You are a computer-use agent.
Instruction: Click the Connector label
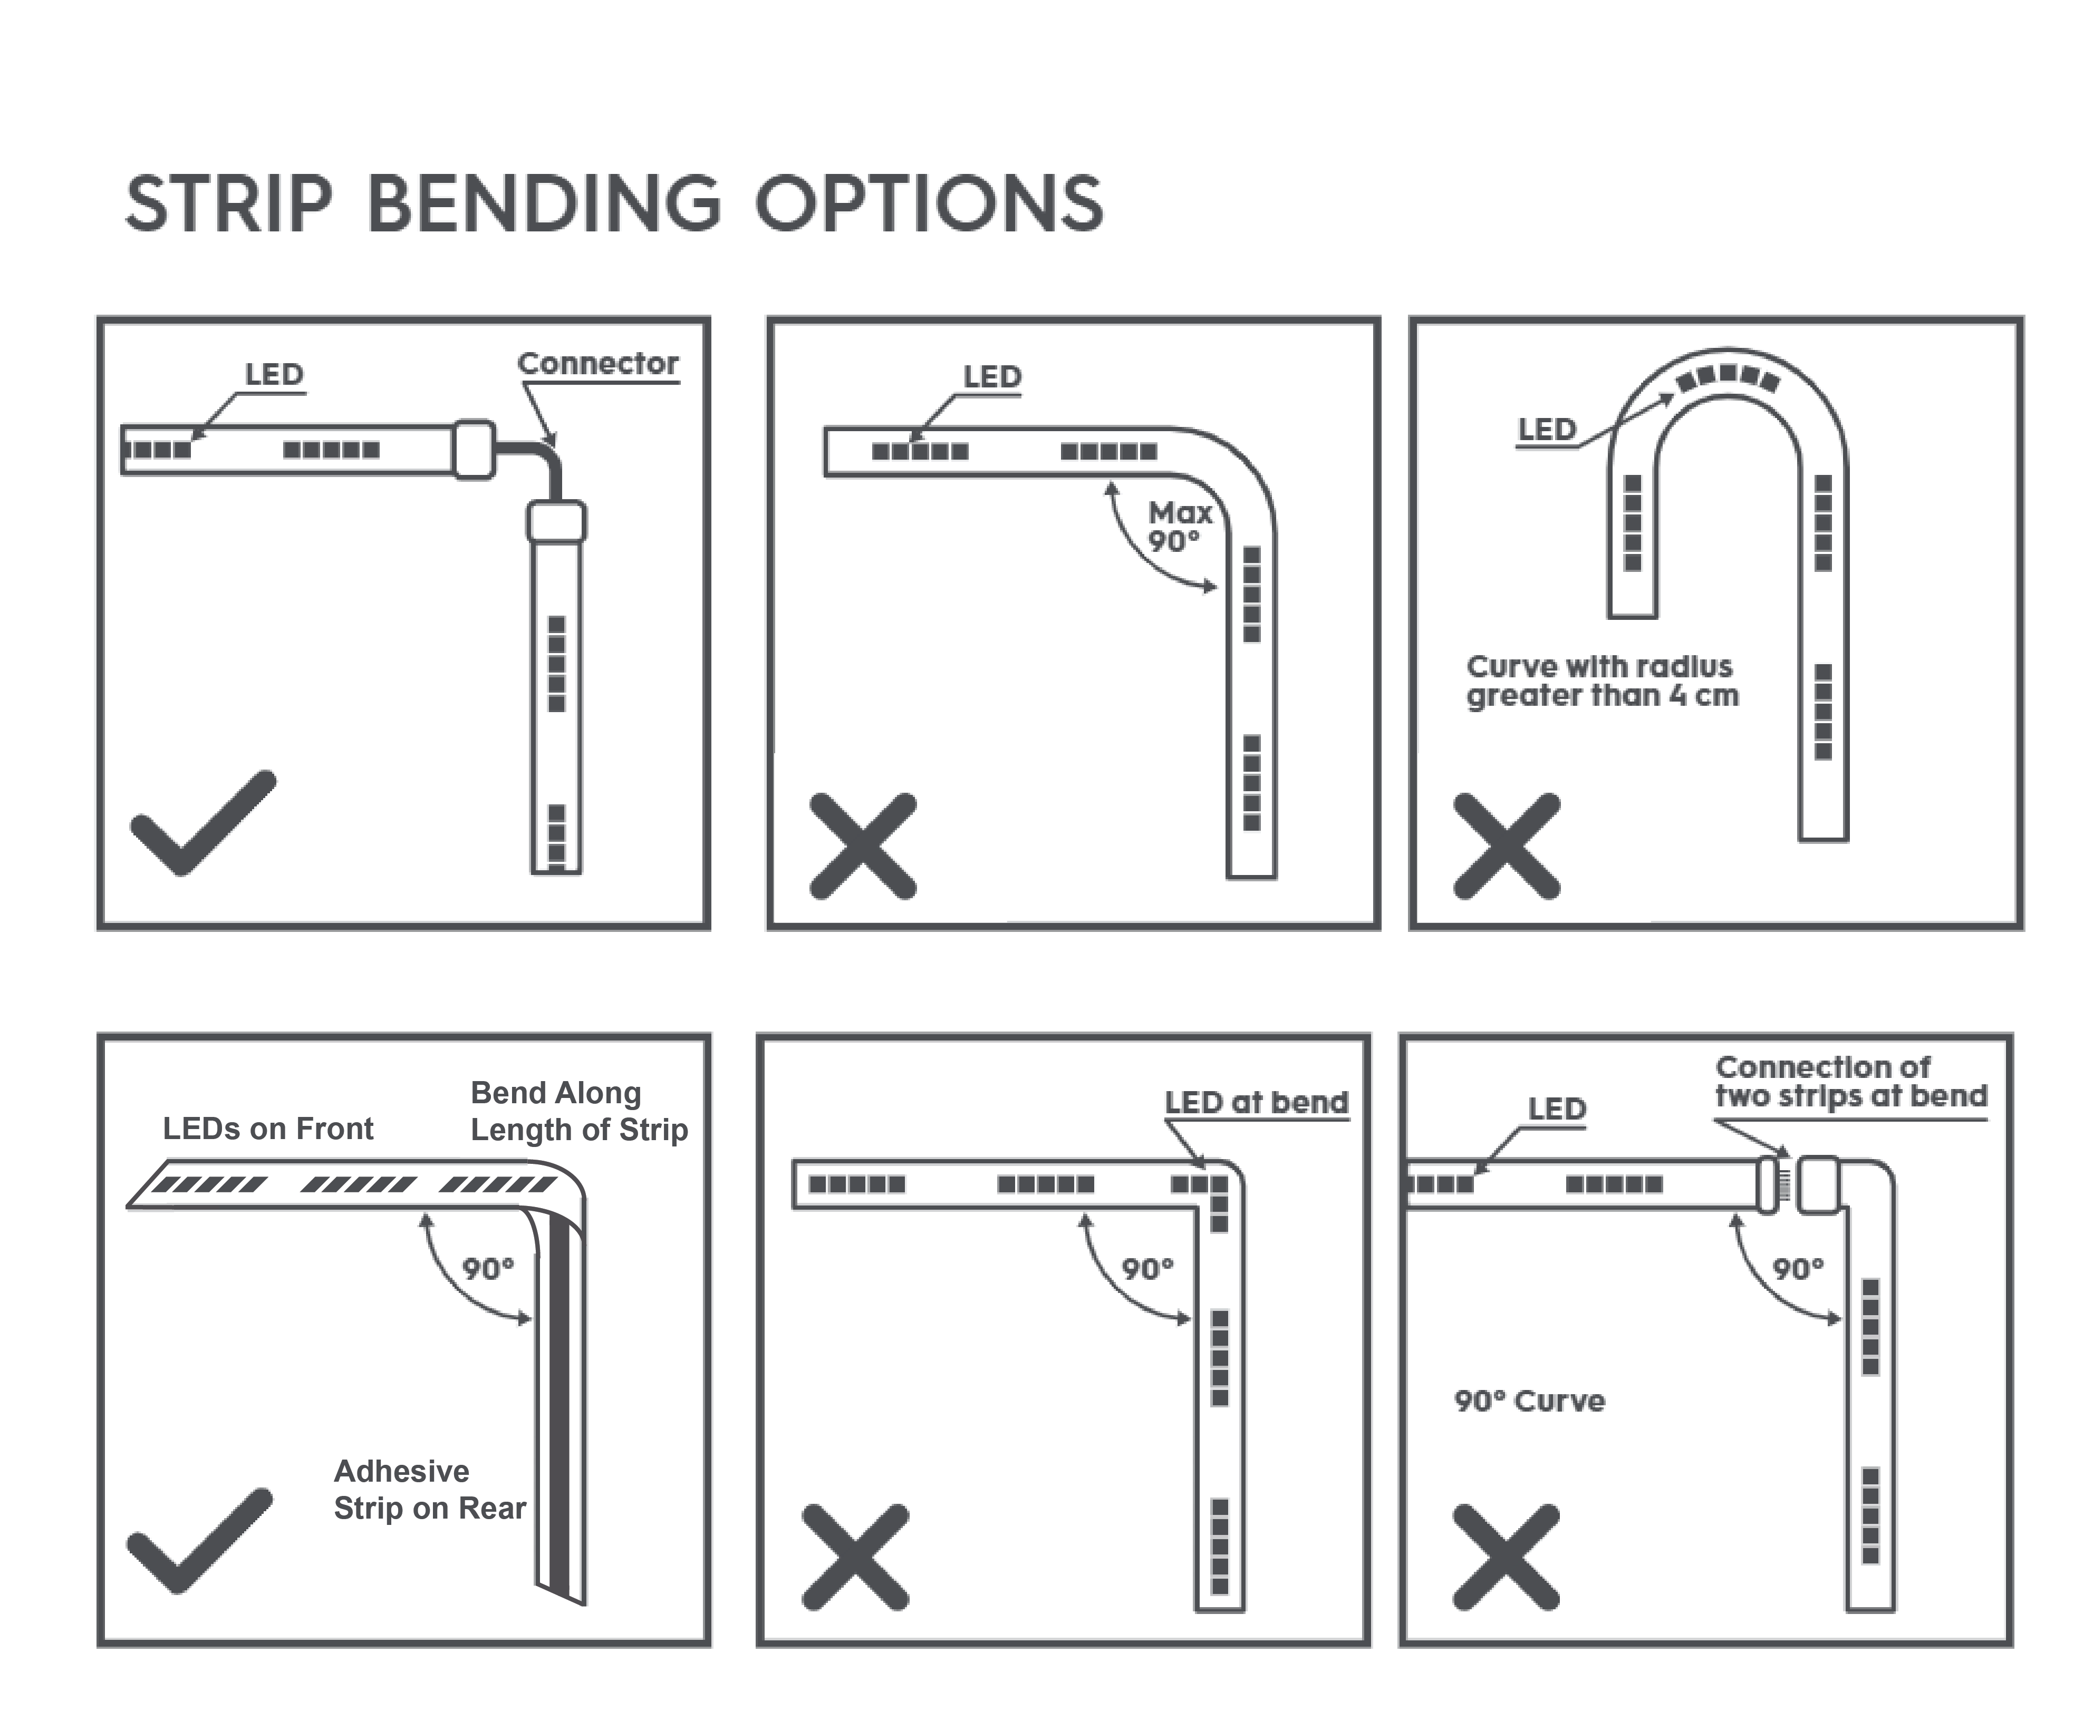click(x=597, y=363)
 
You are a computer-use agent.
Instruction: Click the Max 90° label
click(x=1178, y=526)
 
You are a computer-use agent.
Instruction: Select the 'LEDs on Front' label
click(x=268, y=1129)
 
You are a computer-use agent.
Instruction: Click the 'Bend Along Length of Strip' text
click(x=578, y=1111)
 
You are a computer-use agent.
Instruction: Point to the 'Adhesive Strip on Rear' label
click(x=430, y=1489)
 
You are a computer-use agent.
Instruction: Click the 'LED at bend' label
click(x=1256, y=1102)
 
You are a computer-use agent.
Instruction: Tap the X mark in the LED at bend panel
click(x=855, y=1557)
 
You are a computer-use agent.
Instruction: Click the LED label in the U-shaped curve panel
click(x=1547, y=430)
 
